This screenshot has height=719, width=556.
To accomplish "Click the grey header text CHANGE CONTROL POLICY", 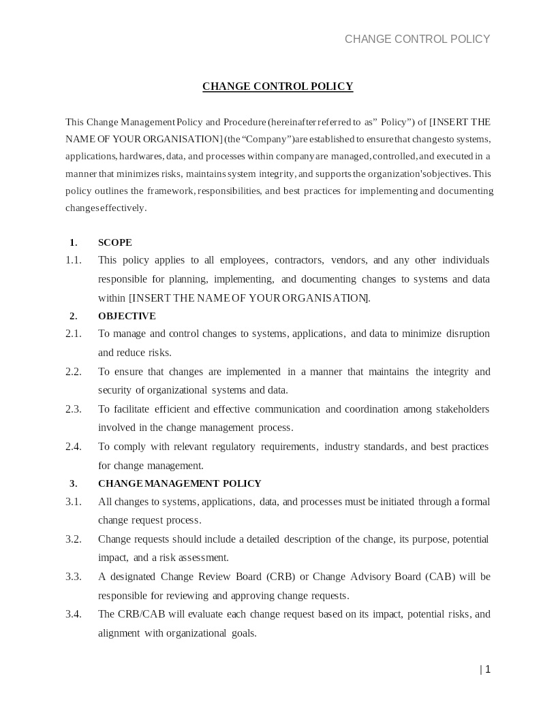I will pos(417,39).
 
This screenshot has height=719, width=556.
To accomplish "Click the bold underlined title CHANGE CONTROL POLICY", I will pos(277,86).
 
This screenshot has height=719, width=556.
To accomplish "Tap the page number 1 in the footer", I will pos(488,669).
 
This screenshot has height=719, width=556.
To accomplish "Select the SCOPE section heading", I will pos(115,242).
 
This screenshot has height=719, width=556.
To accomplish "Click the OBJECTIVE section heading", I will pos(127,316).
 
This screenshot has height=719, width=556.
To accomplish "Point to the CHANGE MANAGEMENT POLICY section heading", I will pos(180,483).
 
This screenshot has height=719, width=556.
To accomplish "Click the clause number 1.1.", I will pos(74,260).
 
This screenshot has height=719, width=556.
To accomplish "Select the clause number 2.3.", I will pos(74,409).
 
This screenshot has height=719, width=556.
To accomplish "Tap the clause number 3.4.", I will pos(74,614).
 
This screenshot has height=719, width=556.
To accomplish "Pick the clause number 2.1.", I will pos(74,334).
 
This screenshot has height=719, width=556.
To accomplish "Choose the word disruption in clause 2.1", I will pos(467,334).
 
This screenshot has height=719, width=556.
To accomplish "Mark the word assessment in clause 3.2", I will pos(203,558).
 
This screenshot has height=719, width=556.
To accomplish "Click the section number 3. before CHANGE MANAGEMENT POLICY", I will pos(74,483).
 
